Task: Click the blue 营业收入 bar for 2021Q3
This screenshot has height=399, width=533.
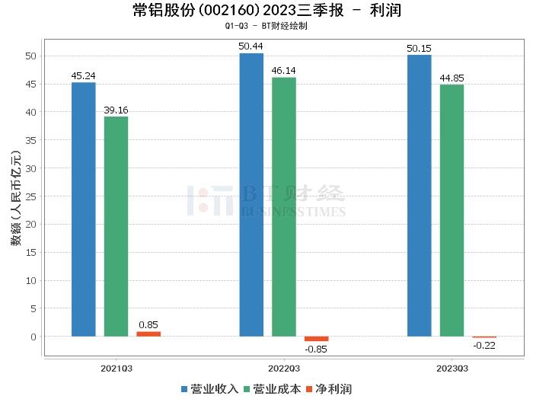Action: click(x=84, y=209)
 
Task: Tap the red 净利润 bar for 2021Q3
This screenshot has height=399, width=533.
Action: click(x=148, y=334)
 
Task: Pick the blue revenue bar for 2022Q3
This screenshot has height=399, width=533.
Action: click(x=251, y=195)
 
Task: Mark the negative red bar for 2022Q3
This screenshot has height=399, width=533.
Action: click(x=317, y=339)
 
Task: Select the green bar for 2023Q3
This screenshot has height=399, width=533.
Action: click(x=452, y=210)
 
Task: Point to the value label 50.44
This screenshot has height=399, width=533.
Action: click(x=251, y=46)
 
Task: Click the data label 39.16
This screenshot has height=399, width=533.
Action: click(x=116, y=110)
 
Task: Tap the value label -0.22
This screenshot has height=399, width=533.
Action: click(x=484, y=345)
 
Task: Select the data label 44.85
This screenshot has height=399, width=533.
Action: click(x=452, y=78)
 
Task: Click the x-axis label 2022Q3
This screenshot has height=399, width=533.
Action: click(x=284, y=367)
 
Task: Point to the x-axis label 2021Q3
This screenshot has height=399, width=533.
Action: click(x=116, y=367)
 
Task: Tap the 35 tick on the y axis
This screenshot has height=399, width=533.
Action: click(x=31, y=140)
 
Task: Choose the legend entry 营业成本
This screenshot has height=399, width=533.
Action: click(x=272, y=389)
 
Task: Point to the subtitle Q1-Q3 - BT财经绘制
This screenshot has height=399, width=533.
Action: click(x=266, y=26)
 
